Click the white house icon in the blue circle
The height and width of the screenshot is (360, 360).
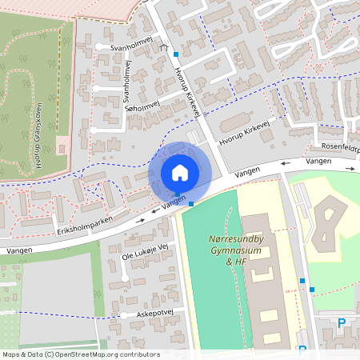pyautogui.click(x=179, y=172)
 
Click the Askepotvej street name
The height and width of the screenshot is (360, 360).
pyautogui.click(x=154, y=314)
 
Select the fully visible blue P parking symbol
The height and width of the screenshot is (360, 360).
pyautogui.click(x=342, y=323)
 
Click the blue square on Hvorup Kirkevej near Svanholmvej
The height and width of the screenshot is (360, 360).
pyautogui.click(x=175, y=54)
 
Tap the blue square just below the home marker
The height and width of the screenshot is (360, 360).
pyautogui.click(x=191, y=204)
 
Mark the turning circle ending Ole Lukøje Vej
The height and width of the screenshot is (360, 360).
pyautogui.click(x=125, y=278)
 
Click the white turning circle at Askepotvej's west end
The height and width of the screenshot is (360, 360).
pyautogui.click(x=123, y=315)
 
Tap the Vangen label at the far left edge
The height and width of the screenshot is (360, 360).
pyautogui.click(x=16, y=250)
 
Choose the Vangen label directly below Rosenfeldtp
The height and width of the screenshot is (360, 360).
pyautogui.click(x=318, y=162)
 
